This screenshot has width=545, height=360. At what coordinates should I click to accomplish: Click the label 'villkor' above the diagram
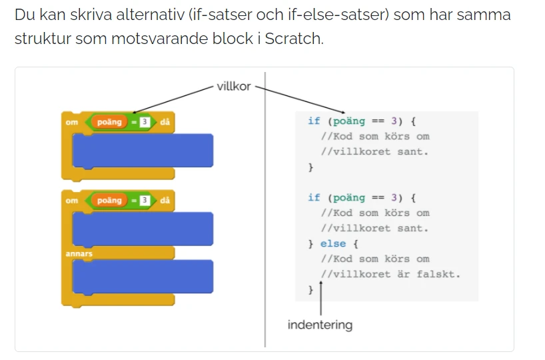234,86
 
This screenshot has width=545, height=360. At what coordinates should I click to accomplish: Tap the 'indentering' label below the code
320,325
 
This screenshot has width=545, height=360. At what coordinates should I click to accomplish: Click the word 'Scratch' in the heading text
293,38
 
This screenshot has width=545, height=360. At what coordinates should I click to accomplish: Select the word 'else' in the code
333,243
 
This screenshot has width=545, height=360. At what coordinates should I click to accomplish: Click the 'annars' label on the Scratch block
79,253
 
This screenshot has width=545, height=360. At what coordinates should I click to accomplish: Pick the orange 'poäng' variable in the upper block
109,122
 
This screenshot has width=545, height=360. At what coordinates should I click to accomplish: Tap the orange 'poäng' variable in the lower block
109,201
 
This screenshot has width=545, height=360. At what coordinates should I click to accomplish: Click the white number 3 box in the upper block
145,122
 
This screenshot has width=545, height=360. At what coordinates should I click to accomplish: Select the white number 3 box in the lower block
145,201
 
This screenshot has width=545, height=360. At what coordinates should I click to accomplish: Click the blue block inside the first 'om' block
143,151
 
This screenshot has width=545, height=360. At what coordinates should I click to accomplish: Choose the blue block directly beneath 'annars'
143,277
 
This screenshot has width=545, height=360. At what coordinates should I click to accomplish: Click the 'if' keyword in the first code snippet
314,121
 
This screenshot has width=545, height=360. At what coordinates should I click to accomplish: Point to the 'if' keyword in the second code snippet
314,197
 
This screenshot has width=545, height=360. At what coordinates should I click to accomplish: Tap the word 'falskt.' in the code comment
438,275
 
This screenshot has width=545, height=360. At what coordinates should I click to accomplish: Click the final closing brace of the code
310,290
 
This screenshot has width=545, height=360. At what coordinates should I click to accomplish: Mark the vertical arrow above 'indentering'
321,299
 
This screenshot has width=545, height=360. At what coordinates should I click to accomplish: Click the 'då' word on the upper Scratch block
165,122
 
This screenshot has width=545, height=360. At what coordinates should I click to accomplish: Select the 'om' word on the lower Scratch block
71,201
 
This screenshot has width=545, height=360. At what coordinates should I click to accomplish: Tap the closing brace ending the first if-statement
310,167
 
